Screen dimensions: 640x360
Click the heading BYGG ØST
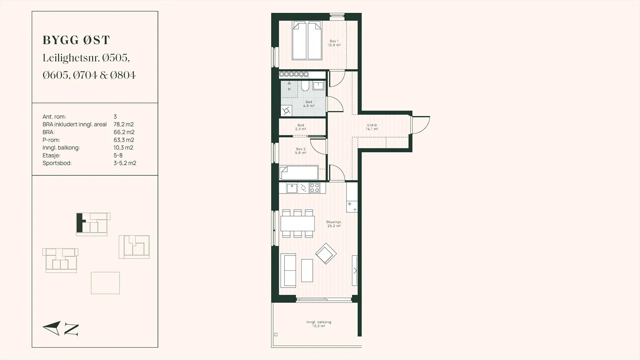tap(76, 40)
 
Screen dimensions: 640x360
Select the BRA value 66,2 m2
tap(124, 132)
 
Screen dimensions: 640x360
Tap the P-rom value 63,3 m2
tap(124, 140)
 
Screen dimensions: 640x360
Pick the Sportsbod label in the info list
tap(57, 163)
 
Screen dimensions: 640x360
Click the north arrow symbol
tap(52, 328)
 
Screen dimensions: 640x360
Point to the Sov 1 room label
tap(334, 43)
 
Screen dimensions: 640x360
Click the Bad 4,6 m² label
tap(308, 104)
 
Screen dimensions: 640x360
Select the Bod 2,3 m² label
tap(300, 127)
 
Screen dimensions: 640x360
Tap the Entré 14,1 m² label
tap(372, 127)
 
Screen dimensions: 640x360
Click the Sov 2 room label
tap(300, 151)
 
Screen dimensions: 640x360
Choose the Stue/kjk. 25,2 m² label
tap(334, 224)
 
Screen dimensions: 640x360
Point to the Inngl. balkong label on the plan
tap(318, 324)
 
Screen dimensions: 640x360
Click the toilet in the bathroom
tap(305, 86)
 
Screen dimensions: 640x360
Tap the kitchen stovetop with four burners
tap(314, 188)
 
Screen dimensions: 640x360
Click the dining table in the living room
tap(298, 224)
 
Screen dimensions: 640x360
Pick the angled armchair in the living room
tap(326, 254)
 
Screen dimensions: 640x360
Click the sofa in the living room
tap(288, 270)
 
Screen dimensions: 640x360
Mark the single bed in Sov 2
tap(298, 173)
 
